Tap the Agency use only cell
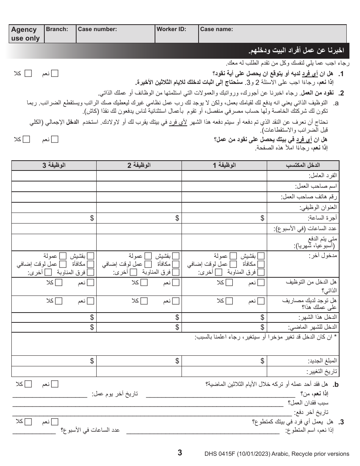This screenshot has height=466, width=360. (x=25, y=34)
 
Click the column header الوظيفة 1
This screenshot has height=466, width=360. (x=224, y=166)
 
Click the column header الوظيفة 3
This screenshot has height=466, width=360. (x=54, y=166)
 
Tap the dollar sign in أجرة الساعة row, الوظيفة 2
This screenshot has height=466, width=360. (x=177, y=218)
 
